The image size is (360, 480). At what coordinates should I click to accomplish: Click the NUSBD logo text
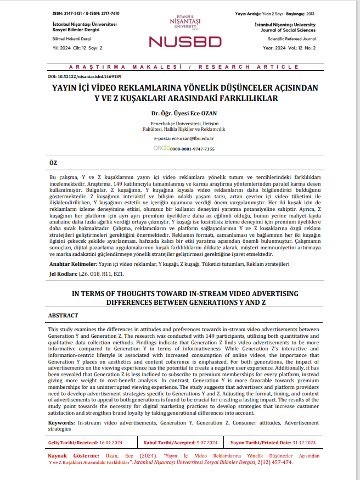click(185, 41)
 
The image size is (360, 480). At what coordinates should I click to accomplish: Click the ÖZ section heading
click(53, 164)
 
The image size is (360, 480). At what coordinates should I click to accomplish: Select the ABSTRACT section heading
click(63, 316)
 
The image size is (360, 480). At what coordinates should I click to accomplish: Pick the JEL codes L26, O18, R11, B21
click(99, 273)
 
